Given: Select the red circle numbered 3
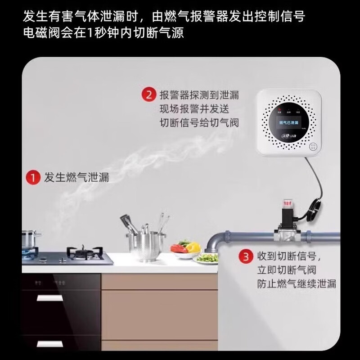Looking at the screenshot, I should pos(245,257).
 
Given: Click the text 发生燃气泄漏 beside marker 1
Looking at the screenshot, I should pos(76,177).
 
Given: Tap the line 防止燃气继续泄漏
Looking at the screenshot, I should pos(296,284).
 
